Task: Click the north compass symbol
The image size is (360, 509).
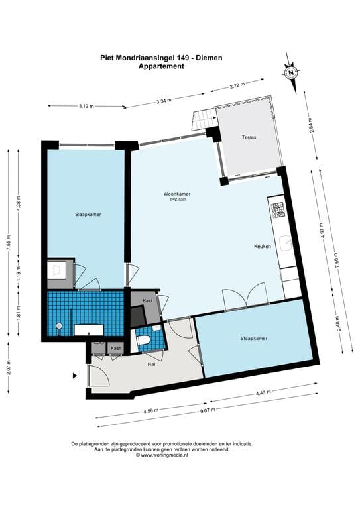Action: [x=291, y=72]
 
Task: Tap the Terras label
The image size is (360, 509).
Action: [x=249, y=137]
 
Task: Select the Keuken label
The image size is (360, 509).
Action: [x=263, y=247]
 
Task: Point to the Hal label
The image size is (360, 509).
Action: [x=151, y=365]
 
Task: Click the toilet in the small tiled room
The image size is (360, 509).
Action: [x=143, y=340]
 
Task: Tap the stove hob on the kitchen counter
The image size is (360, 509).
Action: [x=278, y=210]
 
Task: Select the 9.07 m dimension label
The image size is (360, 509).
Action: [x=208, y=411]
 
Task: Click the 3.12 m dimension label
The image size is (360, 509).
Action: [x=86, y=106]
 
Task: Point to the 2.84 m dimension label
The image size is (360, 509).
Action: [x=311, y=125]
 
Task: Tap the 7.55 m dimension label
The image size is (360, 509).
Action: [x=9, y=243]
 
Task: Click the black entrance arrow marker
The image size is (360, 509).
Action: [x=75, y=376]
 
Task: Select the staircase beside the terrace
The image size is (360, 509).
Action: [x=204, y=119]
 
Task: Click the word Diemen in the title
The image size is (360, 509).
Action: [x=210, y=58]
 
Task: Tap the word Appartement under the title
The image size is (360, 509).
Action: [x=161, y=66]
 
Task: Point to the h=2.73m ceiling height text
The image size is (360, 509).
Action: [x=178, y=199]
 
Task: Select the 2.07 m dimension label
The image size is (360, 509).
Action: [x=9, y=368]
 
